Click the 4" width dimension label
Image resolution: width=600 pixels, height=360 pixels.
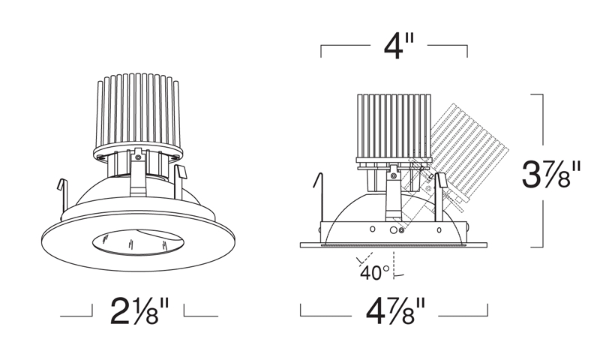(x=398, y=46)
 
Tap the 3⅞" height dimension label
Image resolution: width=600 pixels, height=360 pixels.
(x=551, y=174)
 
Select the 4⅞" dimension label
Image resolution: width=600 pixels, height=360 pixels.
(x=396, y=311)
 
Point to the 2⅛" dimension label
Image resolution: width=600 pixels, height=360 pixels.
(x=139, y=311)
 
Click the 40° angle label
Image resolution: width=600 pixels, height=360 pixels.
(x=374, y=273)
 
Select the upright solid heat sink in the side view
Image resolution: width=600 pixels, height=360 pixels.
(x=394, y=126)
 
